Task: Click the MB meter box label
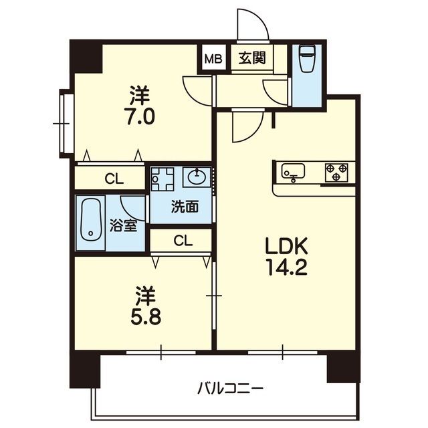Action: tap(213, 59)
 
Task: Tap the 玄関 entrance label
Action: tap(252, 58)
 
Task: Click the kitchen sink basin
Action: tap(293, 171)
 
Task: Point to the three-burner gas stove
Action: tap(336, 173)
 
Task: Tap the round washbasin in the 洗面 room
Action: tap(196, 177)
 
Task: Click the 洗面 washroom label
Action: tap(185, 207)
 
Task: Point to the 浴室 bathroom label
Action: tap(123, 225)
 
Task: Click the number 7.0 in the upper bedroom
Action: tap(141, 116)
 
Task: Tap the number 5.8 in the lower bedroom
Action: tap(146, 316)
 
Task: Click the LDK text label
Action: tap(287, 245)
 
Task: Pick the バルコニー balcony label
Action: tap(230, 388)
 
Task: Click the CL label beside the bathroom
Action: tap(114, 179)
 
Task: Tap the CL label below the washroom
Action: tap(183, 241)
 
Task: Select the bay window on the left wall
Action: tap(66, 124)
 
